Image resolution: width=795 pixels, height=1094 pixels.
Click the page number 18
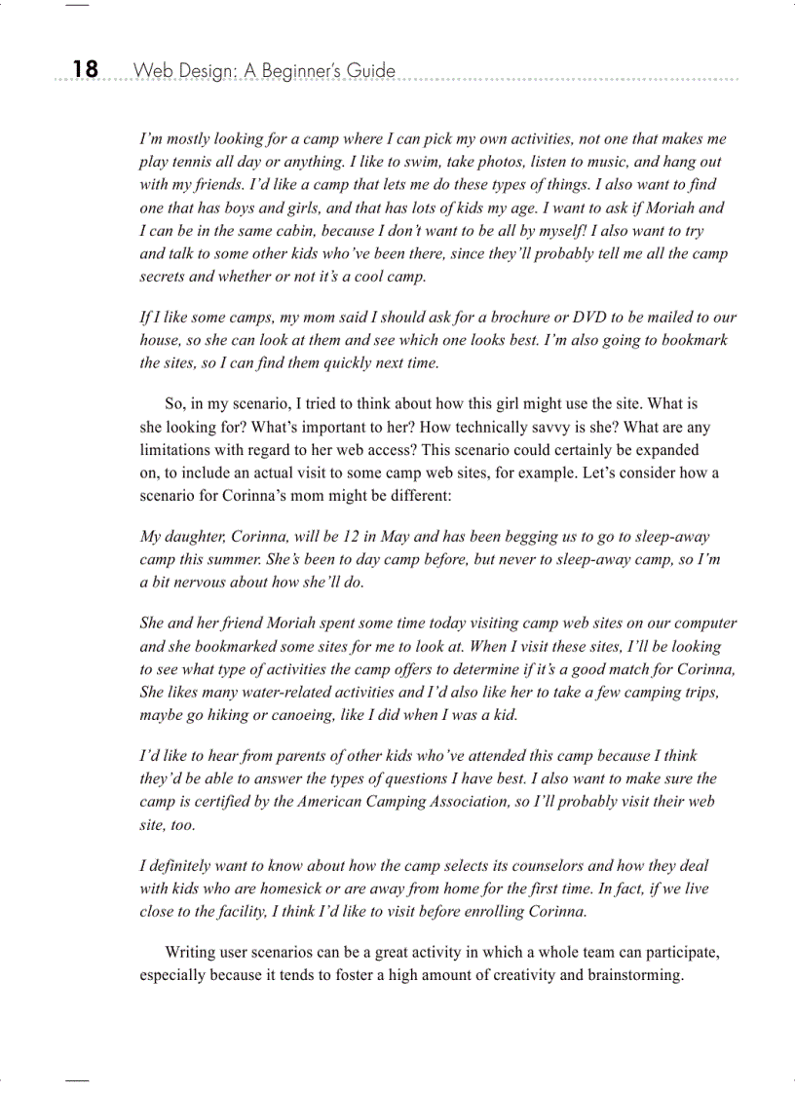pos(85,69)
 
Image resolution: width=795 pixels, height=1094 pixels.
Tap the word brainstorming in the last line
pos(631,975)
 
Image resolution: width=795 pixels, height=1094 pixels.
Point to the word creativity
pos(496,975)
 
